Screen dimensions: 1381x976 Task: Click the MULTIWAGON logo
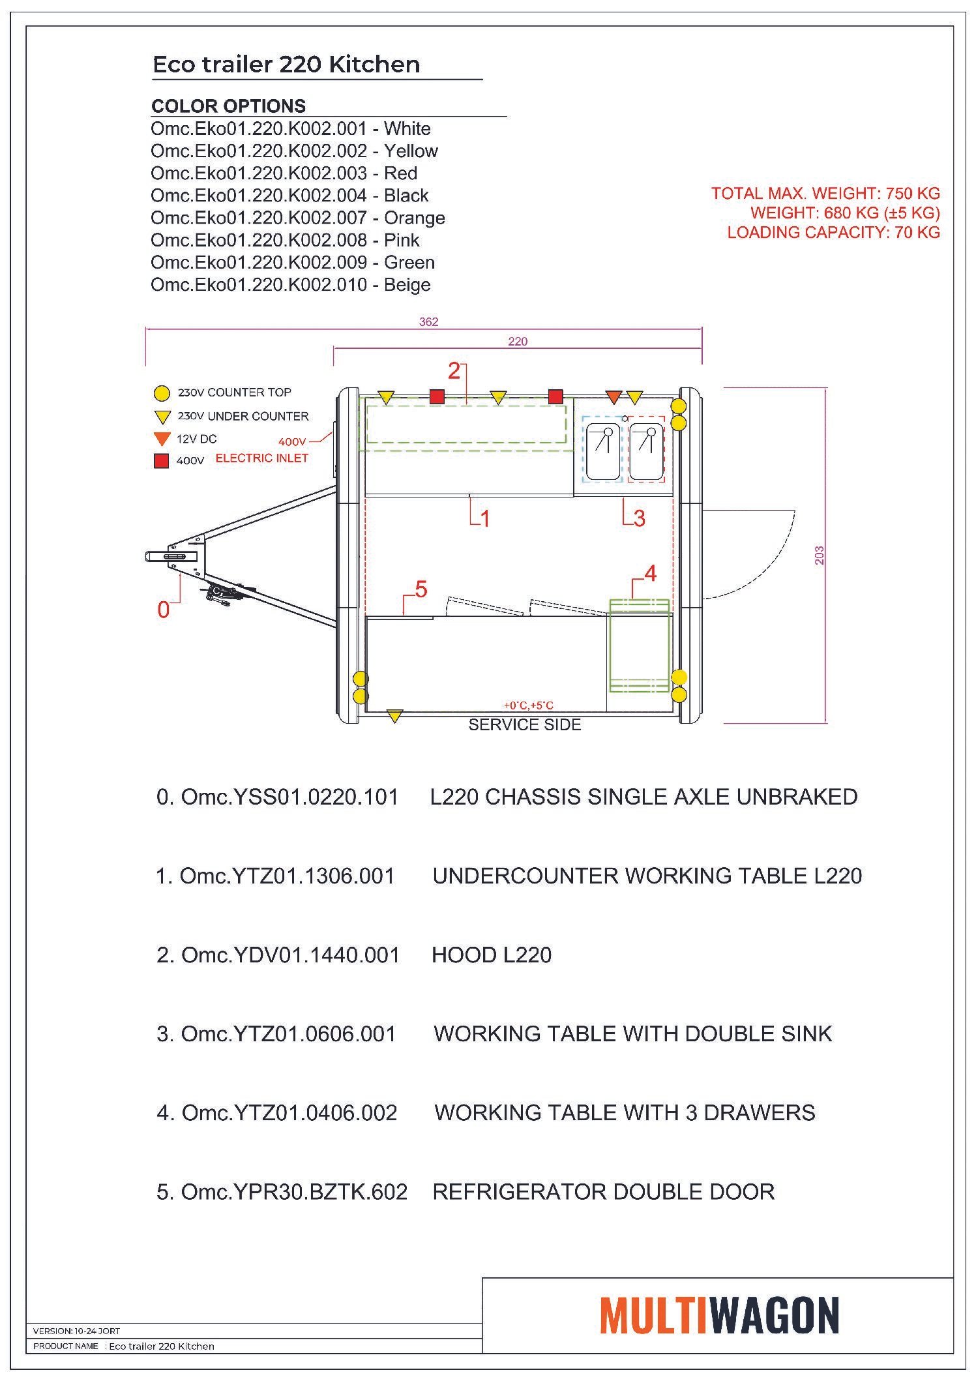pos(719,1315)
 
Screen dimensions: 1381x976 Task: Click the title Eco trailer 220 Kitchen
pos(286,65)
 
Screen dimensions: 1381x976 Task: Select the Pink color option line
pos(285,240)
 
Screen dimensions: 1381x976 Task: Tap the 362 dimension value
pos(428,321)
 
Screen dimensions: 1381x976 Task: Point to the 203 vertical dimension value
pos(820,555)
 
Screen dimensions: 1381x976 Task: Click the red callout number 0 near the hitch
pos(163,610)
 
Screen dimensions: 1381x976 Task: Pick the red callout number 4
pos(650,573)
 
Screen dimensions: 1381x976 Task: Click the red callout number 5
pos(421,589)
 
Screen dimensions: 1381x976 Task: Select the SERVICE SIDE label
pos(524,724)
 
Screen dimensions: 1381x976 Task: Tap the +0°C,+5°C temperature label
pos(528,705)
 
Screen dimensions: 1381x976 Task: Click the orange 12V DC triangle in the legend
pos(162,439)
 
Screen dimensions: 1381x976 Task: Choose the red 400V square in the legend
pos(161,461)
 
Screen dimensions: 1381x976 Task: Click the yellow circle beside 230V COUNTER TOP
pos(162,393)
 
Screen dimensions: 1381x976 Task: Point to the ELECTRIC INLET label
pos(261,458)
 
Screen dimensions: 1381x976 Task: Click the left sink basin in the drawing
pos(603,450)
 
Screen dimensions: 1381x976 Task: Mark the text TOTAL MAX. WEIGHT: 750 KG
pos(825,193)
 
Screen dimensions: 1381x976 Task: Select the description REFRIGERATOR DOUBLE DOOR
pos(603,1191)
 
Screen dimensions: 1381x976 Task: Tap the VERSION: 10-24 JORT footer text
pos(76,1331)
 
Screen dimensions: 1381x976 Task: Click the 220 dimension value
pos(518,341)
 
